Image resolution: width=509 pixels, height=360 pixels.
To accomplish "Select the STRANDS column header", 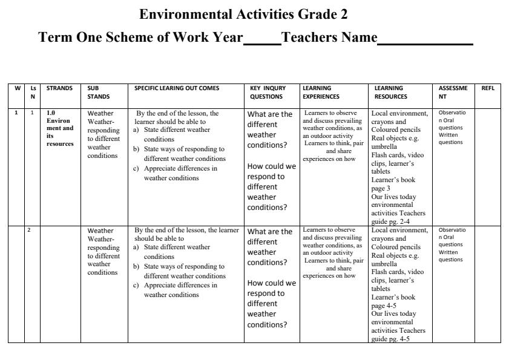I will point(59,88).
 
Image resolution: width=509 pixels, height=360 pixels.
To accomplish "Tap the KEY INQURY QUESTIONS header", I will point(268,92).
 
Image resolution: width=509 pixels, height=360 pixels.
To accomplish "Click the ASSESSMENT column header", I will point(453,92).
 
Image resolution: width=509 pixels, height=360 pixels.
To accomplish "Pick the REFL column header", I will point(488,88).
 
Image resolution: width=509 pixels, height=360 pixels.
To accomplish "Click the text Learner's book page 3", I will point(393,184).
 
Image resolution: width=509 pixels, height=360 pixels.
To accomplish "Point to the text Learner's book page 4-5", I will point(393,301).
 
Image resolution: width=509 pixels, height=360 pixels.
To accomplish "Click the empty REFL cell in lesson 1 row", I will point(488,166).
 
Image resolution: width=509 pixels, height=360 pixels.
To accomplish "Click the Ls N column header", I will point(33,92).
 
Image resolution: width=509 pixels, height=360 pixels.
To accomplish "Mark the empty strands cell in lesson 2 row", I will point(60,284).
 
